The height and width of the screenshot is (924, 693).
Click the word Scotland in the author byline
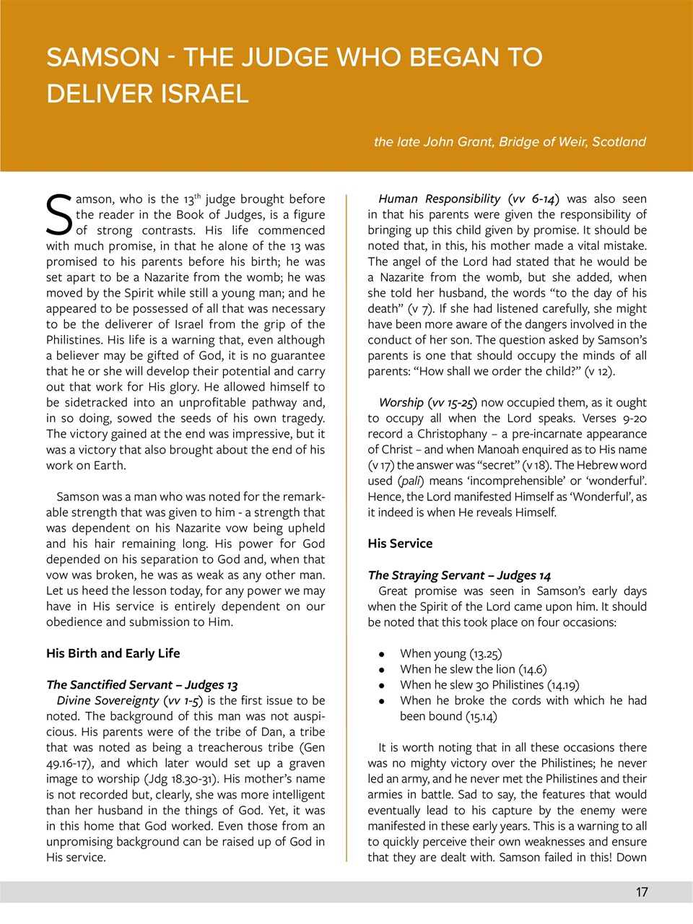point(619,141)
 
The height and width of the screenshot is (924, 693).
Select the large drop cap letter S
point(58,215)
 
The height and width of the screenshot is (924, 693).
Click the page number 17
point(641,892)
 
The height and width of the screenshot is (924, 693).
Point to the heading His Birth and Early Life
point(113,653)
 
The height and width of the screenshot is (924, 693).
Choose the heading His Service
point(400,544)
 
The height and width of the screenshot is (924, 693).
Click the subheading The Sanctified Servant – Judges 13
point(141,685)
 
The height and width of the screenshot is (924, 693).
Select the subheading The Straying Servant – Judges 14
point(459,575)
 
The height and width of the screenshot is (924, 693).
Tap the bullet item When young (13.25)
point(450,654)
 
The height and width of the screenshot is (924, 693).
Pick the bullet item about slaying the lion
point(473,669)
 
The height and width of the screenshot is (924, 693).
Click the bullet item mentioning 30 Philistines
point(489,685)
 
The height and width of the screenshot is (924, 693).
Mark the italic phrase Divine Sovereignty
point(108,700)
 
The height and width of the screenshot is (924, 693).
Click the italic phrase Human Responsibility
point(439,199)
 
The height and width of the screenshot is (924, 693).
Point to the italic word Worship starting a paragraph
point(401,403)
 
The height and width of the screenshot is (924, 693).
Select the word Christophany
point(448,434)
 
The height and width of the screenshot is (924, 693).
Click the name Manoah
point(499,450)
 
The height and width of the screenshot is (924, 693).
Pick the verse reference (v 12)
point(598,372)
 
